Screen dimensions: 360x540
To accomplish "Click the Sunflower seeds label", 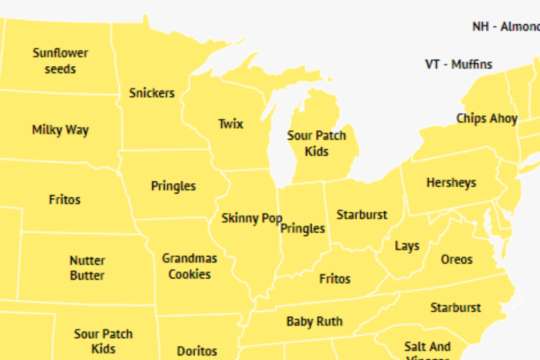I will tap(60, 61).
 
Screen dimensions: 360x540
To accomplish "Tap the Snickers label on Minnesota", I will tap(152, 93).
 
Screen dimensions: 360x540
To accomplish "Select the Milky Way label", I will tap(60, 130).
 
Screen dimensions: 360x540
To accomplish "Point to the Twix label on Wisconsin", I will tap(231, 123).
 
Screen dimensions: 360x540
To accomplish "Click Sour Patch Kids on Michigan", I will tap(316, 143).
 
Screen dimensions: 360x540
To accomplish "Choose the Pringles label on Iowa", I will tap(173, 186).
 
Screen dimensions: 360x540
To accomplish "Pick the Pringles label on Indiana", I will tap(303, 229).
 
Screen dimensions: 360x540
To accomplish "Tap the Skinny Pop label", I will tap(251, 218).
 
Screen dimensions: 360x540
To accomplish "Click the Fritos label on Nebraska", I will tap(65, 199).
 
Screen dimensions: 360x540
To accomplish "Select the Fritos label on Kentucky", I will tap(335, 279).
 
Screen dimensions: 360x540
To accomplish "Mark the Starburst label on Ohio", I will tap(362, 215).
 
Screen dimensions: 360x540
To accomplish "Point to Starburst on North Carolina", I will tap(455, 307).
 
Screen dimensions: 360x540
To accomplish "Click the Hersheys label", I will tap(451, 183).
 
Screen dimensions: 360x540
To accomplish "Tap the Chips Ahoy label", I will tap(487, 118).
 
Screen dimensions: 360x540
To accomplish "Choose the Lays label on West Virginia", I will tap(407, 246).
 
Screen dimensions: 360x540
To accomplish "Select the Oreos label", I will tap(456, 260).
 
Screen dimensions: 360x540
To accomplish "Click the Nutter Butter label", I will tap(87, 268).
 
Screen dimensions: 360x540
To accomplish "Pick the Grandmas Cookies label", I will tap(190, 266).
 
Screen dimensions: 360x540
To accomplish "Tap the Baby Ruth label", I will tap(314, 321).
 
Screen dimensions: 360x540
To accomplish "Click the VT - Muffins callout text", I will tap(458, 64).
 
